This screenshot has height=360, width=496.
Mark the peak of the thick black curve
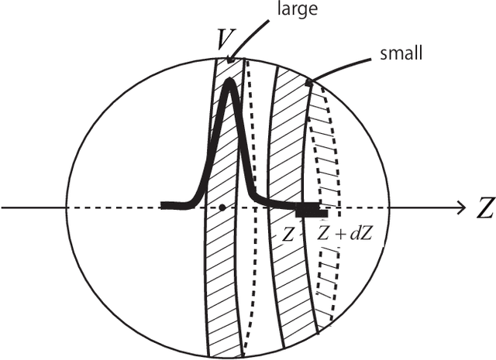tap(229, 82)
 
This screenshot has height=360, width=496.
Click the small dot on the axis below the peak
tap(222, 207)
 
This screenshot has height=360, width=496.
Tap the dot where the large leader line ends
tap(229, 60)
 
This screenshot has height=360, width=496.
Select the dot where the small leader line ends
tap(308, 81)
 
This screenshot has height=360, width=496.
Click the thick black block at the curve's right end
tap(312, 209)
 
